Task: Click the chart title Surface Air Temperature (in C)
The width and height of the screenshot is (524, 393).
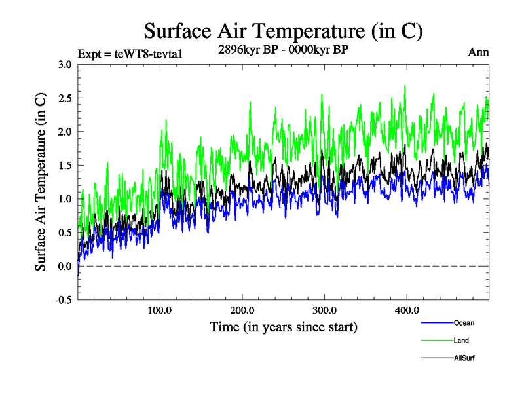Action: click(x=283, y=30)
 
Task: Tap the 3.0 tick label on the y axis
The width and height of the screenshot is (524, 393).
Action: click(x=65, y=64)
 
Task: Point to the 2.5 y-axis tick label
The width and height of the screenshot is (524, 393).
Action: click(x=65, y=98)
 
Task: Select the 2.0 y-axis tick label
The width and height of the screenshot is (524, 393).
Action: click(x=65, y=132)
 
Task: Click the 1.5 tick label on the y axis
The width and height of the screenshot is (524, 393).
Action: click(x=65, y=165)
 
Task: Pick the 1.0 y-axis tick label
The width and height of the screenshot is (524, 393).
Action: click(x=65, y=198)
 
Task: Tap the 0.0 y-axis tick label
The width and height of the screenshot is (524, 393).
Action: click(x=65, y=266)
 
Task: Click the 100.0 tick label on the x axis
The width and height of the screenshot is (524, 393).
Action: click(x=160, y=310)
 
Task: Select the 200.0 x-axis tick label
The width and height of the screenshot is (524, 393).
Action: click(x=242, y=310)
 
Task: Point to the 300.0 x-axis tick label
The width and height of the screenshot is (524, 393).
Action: click(x=324, y=310)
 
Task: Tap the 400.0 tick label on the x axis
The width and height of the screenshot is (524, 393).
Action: click(x=406, y=310)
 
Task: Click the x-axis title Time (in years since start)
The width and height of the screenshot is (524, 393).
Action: click(x=283, y=326)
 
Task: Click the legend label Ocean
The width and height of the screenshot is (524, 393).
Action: click(x=464, y=323)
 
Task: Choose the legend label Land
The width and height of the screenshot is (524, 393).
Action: click(x=461, y=340)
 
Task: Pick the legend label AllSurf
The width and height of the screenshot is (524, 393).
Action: click(x=464, y=358)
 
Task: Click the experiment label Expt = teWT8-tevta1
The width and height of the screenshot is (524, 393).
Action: click(x=130, y=54)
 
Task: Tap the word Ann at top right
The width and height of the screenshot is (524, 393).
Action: click(x=478, y=52)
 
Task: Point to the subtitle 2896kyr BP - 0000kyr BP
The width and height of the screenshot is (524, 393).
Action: click(x=283, y=48)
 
